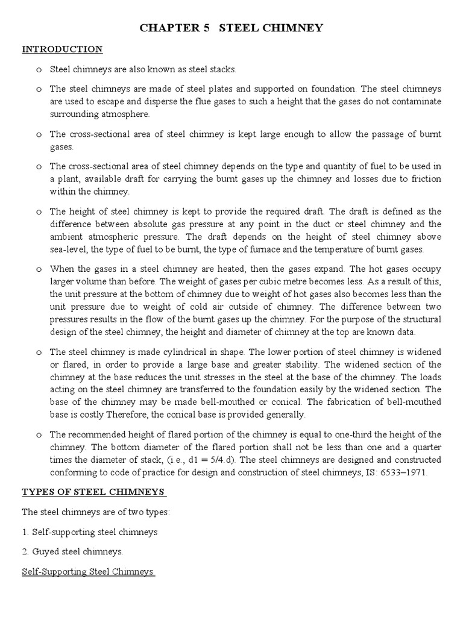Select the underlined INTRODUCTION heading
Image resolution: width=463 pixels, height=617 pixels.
[x=62, y=49]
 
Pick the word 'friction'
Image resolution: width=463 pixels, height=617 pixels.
[x=425, y=179]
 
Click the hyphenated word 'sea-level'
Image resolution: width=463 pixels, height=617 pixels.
[x=69, y=249]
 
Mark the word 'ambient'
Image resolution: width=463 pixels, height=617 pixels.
[x=66, y=237]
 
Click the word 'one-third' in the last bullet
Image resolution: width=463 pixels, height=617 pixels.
[x=330, y=434]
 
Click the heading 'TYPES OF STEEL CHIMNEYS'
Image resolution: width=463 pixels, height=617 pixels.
[x=93, y=492]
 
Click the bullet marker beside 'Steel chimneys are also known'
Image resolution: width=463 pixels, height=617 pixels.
[x=38, y=70]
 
